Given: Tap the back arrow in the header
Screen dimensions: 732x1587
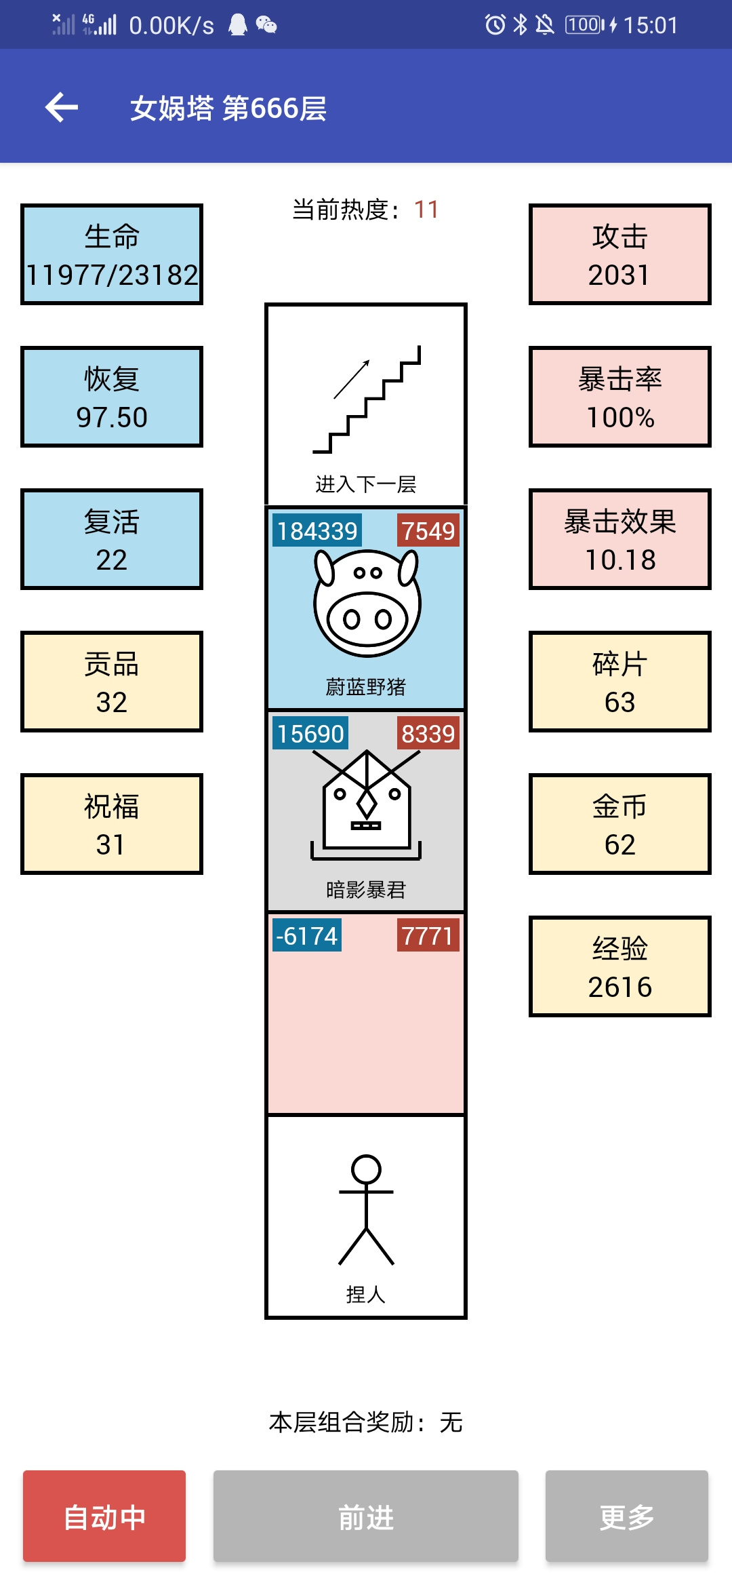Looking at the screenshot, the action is tap(62, 107).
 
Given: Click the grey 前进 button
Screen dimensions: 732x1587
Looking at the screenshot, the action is tap(366, 1516).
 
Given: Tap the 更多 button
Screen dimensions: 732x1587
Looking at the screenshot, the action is tap(627, 1516).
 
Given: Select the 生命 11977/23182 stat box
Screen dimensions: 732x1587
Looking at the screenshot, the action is tap(112, 254).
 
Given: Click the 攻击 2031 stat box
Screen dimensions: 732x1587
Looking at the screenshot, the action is tap(620, 254).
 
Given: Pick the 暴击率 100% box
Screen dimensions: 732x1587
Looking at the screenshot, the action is tap(620, 397).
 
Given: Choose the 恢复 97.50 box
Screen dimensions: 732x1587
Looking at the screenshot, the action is tap(112, 397).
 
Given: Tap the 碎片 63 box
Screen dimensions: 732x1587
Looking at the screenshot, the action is tap(620, 682).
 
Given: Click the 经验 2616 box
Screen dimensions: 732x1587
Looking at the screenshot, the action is tap(620, 966).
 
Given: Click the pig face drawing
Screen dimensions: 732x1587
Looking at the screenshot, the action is tap(367, 602).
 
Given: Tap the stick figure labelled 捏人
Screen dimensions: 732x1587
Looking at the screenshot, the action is tap(366, 1209).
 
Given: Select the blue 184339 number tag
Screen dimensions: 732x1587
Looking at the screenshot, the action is tap(317, 530).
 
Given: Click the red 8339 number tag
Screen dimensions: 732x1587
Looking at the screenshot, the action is tap(428, 733).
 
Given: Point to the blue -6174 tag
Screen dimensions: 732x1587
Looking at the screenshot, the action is tap(307, 935).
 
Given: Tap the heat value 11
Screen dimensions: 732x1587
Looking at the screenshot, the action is tap(426, 210).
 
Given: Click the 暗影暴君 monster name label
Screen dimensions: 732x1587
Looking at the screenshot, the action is tap(366, 889).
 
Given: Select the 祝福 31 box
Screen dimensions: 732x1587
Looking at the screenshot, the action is tap(112, 824).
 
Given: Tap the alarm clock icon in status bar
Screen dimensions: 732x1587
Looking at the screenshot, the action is tap(495, 25).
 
